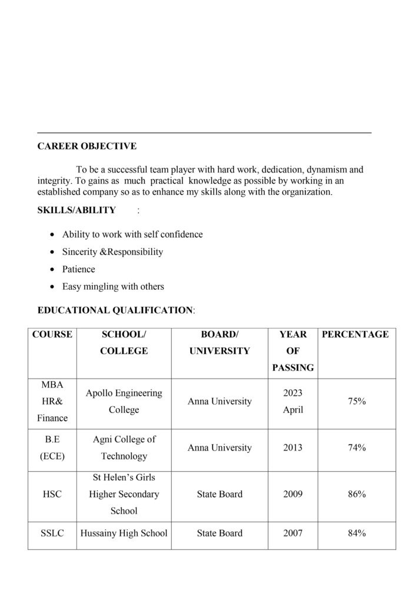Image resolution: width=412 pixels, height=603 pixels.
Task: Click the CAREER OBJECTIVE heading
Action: pos(87,146)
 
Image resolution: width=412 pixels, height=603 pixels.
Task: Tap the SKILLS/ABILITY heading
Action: pos(77,210)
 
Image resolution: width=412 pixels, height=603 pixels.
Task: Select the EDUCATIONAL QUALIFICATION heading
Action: pos(115,310)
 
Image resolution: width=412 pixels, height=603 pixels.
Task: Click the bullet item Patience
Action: pos(78,269)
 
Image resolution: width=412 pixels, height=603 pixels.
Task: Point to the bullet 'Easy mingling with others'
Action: pos(113,287)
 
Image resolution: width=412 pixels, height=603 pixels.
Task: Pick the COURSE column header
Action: pos(52,334)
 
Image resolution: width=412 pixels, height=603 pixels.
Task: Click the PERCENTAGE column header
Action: pos(355,334)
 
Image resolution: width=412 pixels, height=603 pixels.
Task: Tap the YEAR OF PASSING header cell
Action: pos(293,351)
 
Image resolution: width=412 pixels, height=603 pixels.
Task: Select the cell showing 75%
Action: pos(357,402)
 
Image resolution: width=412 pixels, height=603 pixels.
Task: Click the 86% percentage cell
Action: pos(357,494)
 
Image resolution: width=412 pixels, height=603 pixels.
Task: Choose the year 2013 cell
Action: pos(293,448)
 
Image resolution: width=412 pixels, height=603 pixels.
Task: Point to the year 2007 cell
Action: pos(293,534)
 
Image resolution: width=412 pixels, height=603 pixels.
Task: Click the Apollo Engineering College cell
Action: pos(124,402)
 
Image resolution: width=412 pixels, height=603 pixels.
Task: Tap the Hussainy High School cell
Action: pos(124,534)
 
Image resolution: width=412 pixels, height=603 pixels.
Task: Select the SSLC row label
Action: pos(52,534)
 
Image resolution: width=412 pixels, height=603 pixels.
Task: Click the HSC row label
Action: pos(52,494)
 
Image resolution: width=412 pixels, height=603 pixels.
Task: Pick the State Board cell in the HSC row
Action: pos(220,494)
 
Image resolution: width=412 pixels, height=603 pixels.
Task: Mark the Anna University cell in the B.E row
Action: pos(220,448)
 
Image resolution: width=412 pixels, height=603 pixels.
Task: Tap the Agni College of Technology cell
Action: pos(124,448)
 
